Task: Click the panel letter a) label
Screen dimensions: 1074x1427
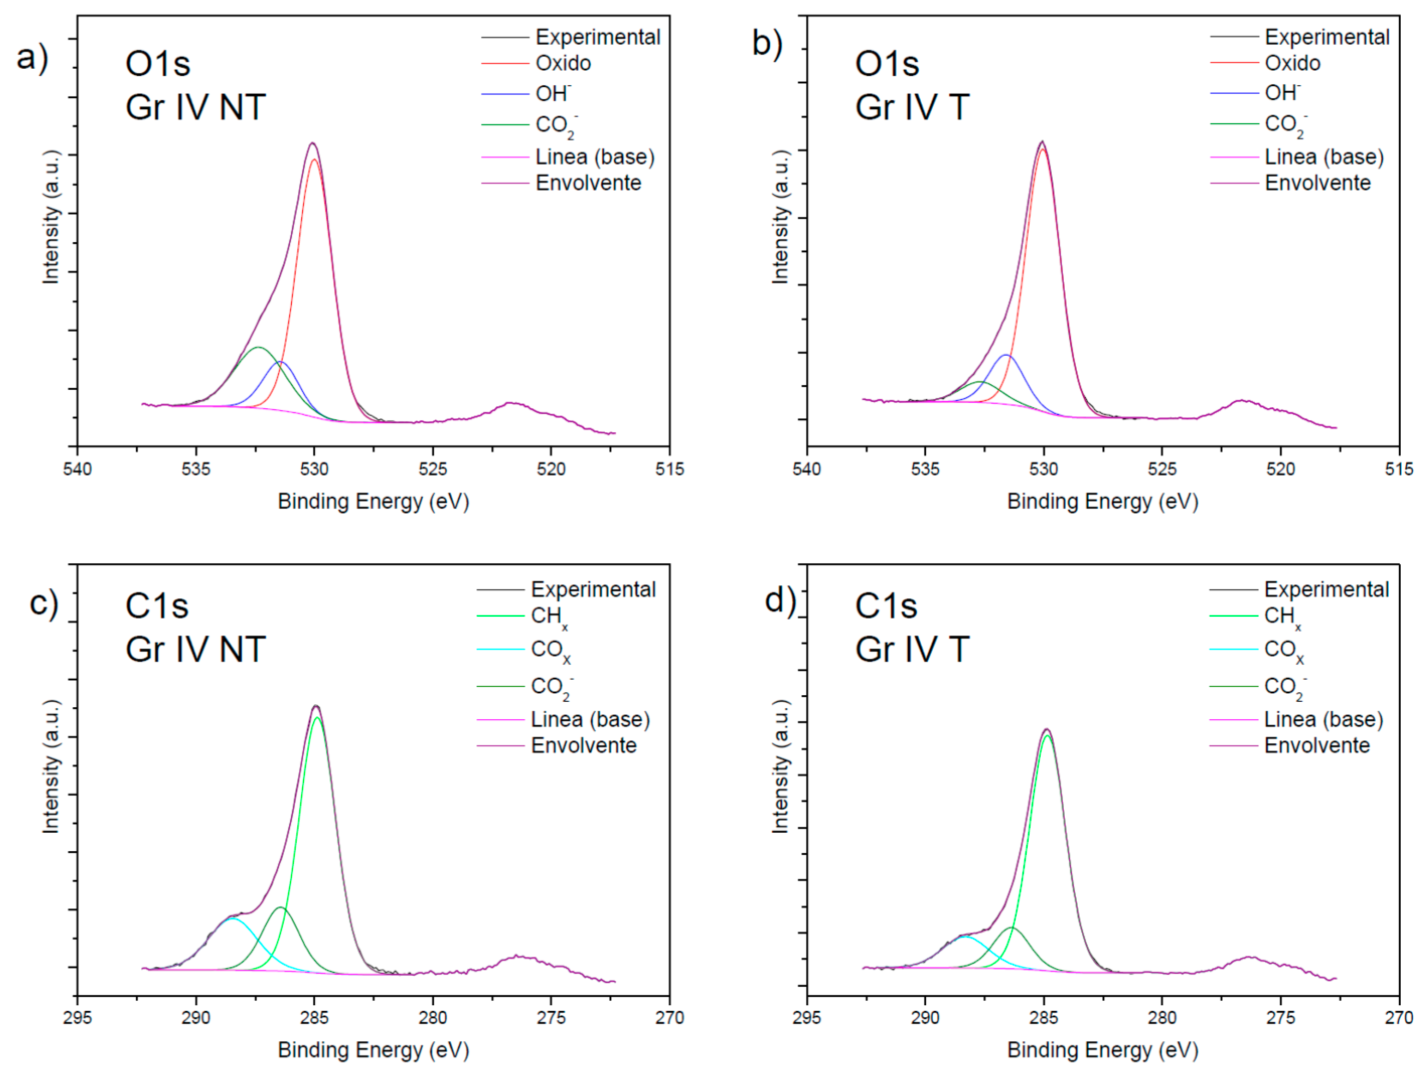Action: point(32,58)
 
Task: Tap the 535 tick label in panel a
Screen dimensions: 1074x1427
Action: point(196,469)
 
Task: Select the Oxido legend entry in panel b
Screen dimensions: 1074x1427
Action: point(1292,63)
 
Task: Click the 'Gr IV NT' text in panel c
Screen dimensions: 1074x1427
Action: point(196,649)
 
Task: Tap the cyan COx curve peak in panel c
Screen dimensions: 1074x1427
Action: point(232,919)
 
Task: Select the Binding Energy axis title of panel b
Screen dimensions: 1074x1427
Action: point(1103,501)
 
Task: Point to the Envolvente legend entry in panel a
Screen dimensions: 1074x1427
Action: point(588,183)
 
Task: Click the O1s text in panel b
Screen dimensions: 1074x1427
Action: point(887,64)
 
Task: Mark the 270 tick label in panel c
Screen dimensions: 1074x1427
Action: point(669,1018)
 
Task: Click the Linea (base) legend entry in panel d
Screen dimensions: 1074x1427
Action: point(1323,719)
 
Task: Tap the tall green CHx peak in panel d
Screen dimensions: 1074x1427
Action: point(1047,736)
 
